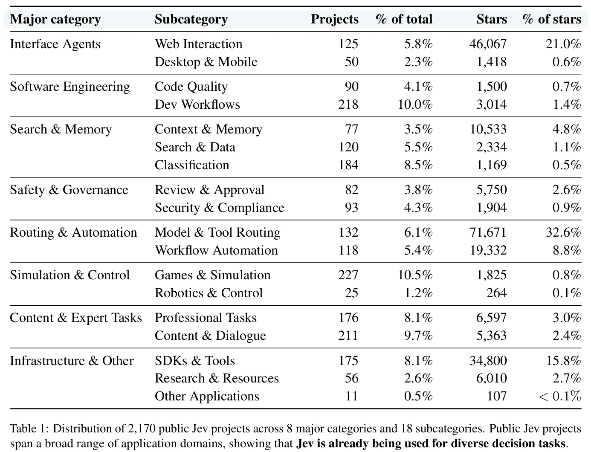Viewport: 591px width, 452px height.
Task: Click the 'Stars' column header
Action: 492,19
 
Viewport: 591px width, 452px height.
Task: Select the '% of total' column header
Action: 404,19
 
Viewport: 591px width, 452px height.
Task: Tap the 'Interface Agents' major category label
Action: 55,44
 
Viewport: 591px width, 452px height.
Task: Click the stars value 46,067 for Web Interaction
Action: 488,44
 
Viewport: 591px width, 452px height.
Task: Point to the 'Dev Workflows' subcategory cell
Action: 197,104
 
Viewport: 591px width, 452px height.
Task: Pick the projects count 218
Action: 348,104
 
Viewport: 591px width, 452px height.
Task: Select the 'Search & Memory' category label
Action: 61,129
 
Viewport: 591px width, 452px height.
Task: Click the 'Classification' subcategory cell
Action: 192,165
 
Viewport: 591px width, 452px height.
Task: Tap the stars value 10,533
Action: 488,130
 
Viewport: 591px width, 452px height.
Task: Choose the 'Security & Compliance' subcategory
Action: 220,208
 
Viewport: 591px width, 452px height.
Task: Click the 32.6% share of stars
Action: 563,232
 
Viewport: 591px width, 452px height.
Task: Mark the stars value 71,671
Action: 488,232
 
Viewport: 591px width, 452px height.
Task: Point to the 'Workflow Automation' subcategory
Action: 216,250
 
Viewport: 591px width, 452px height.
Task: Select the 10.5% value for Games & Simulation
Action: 415,275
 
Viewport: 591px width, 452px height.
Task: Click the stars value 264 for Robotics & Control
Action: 496,293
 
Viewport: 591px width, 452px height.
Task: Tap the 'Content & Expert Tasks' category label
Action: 76,318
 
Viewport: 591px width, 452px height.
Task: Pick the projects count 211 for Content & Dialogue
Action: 348,336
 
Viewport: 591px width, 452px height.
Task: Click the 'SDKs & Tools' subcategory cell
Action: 195,361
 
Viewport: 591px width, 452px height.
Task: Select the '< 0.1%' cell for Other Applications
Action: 560,396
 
